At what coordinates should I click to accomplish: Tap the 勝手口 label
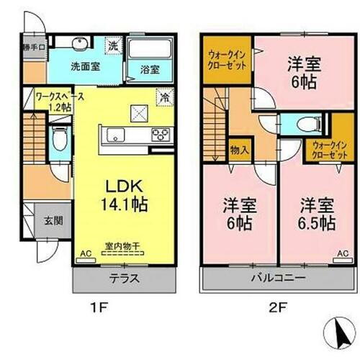(34, 48)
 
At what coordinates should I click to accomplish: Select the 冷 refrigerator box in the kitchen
(165, 94)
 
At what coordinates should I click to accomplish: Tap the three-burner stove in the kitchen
(160, 135)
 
